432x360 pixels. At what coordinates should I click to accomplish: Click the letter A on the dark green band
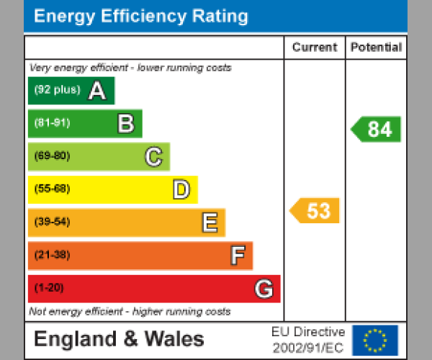tap(96, 91)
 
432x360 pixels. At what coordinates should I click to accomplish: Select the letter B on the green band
tap(125, 124)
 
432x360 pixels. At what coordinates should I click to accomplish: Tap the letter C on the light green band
tap(153, 156)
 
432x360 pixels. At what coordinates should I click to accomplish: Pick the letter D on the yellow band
tap(181, 189)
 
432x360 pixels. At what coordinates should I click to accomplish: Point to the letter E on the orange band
tap(209, 222)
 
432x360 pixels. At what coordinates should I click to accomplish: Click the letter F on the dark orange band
tap(237, 256)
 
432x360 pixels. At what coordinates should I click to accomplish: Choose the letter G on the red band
tap(264, 289)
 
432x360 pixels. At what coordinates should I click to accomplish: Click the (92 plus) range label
tap(57, 91)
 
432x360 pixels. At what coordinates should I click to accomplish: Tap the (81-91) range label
tap(52, 123)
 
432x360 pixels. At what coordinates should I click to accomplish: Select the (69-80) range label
tap(52, 156)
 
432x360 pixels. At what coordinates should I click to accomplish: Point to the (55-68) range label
tap(52, 189)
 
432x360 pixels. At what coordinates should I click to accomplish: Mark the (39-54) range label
tap(52, 222)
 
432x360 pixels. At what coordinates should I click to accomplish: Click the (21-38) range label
tap(52, 256)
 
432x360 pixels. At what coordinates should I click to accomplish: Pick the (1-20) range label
tap(49, 289)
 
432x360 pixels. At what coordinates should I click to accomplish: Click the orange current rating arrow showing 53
tap(315, 211)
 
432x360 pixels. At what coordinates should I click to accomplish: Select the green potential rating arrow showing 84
tap(377, 129)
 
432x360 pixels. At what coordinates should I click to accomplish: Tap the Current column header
tap(315, 48)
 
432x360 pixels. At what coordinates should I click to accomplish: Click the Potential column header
tap(376, 48)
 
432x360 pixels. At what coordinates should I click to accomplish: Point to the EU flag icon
tap(374, 340)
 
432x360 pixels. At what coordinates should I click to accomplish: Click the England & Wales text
tap(120, 339)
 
